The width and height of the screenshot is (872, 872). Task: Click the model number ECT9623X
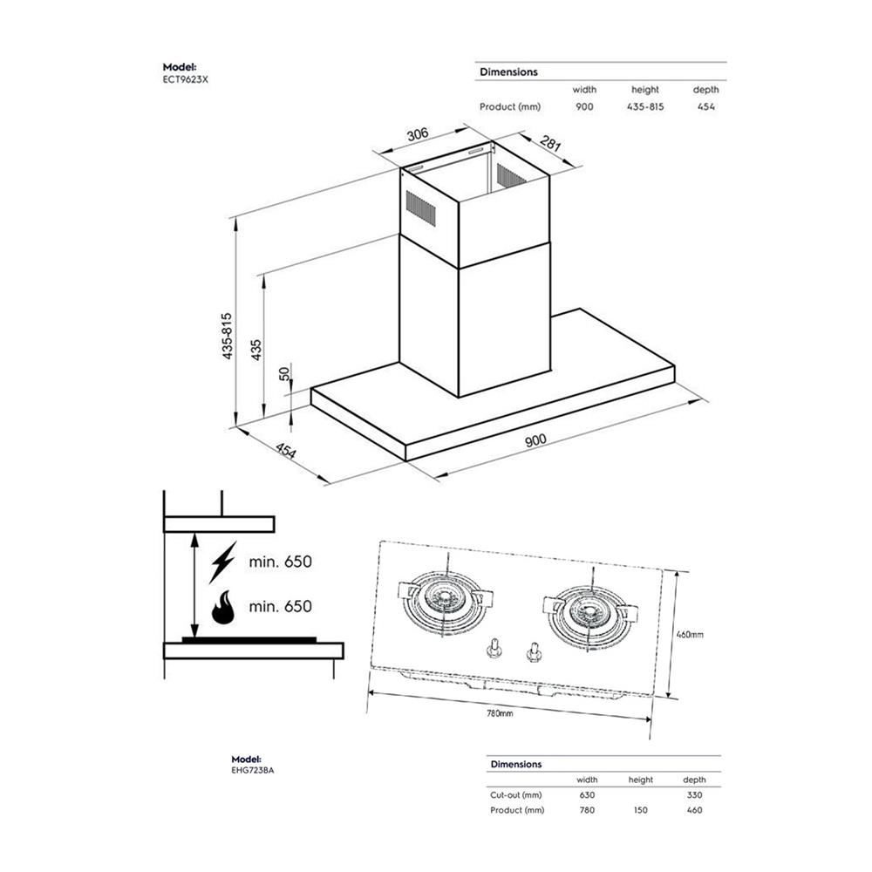[x=186, y=78]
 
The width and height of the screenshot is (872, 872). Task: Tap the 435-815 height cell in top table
[x=645, y=106]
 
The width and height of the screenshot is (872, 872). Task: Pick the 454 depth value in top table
[x=706, y=106]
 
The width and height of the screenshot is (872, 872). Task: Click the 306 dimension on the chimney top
[x=418, y=134]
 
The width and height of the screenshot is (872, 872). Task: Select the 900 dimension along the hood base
[x=535, y=440]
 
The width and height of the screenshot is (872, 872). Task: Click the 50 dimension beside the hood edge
[x=283, y=372]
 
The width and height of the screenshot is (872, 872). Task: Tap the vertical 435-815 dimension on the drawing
[x=227, y=337]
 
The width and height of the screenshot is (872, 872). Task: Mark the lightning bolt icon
[x=222, y=562]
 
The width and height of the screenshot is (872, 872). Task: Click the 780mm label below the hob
[x=500, y=713]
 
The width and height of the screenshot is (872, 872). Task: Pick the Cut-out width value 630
[x=587, y=794]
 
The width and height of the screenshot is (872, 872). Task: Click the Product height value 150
[x=641, y=810]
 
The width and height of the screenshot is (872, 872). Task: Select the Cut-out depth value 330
[x=694, y=794]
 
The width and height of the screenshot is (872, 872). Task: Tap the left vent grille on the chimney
[x=421, y=209]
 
